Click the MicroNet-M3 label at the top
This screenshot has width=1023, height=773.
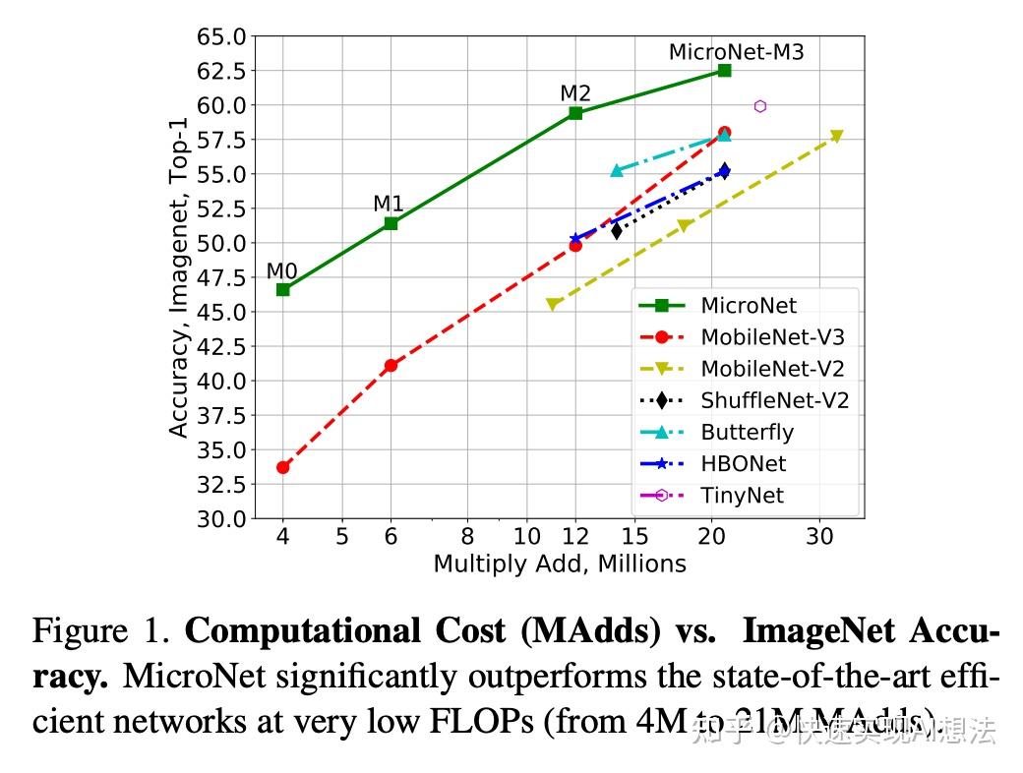[736, 52]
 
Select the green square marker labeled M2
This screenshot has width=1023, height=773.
[575, 113]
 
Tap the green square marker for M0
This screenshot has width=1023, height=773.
[283, 289]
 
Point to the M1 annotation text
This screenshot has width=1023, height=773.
[389, 204]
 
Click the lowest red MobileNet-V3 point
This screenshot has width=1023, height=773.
[283, 467]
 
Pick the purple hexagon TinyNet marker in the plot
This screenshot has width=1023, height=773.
[760, 106]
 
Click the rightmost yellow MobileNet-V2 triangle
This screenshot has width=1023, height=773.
[837, 136]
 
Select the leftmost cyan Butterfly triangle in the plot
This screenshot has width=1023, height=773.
[617, 170]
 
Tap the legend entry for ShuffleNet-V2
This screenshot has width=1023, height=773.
[774, 400]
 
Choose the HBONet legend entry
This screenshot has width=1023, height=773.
[743, 463]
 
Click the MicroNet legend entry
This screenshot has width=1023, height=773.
[749, 306]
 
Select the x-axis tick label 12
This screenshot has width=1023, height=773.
[575, 537]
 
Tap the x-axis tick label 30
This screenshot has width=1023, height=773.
[819, 537]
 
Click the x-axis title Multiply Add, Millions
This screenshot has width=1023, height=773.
[560, 564]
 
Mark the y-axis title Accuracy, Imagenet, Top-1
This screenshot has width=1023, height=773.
[178, 277]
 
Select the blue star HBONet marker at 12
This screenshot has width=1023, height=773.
[575, 239]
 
